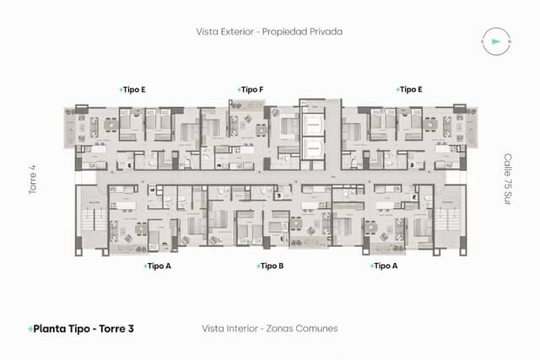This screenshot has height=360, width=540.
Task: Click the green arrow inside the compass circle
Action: [495, 40]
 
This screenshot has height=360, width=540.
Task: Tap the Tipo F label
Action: [252, 89]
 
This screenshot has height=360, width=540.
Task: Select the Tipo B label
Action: [271, 266]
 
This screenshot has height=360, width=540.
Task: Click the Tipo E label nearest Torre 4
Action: [134, 89]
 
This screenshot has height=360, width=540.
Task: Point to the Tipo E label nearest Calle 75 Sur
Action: [410, 89]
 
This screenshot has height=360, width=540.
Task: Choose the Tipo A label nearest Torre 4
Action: [159, 266]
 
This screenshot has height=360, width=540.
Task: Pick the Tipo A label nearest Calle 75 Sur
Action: [385, 266]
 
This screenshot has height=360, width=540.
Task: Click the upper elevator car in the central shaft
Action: [316, 122]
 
